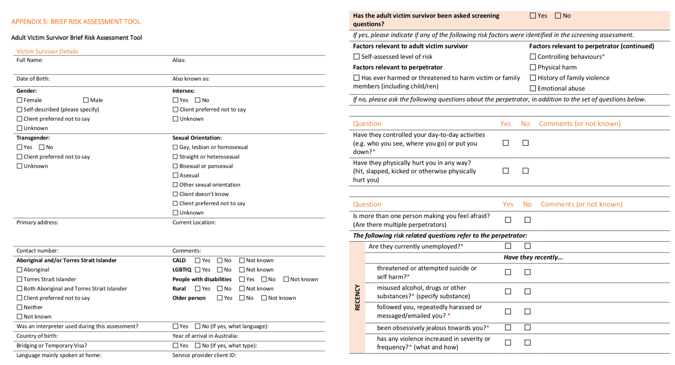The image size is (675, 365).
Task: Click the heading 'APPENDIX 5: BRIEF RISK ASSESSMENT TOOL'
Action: click(76, 22)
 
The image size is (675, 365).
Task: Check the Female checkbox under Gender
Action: click(19, 100)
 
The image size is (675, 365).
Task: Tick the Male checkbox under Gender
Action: click(86, 100)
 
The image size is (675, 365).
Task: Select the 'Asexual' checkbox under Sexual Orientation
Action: click(175, 175)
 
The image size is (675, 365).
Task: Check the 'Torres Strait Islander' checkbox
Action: click(19, 279)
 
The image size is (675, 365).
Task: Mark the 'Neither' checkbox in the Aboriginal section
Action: click(19, 307)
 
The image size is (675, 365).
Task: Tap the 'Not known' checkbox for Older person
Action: click(264, 298)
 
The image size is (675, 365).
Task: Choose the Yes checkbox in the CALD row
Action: click(198, 260)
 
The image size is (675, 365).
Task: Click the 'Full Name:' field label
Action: click(30, 60)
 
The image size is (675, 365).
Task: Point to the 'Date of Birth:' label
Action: click(33, 79)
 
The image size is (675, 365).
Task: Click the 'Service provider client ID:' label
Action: click(204, 355)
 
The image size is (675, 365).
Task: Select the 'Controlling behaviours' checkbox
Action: click(533, 57)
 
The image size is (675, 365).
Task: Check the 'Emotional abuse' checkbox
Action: click(533, 88)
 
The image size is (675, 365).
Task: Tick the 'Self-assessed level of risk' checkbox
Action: click(356, 57)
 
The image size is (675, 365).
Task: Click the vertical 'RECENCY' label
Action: click(357, 298)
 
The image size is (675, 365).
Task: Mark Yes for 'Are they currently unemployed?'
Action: click(508, 246)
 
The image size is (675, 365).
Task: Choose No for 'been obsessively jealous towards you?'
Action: click(527, 328)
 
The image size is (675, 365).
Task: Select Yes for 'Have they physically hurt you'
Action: click(506, 171)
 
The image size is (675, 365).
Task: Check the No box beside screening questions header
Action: click(558, 16)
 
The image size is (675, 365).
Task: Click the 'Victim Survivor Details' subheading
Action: click(47, 51)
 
